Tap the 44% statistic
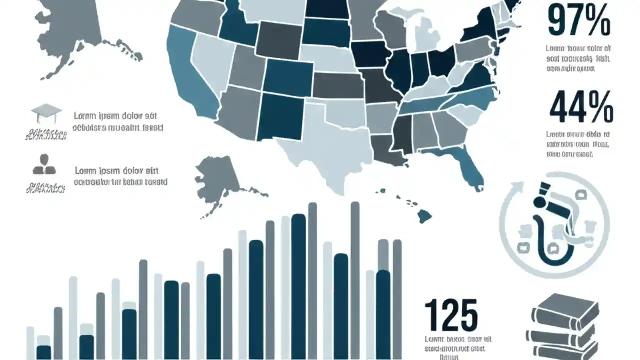coord(581,106)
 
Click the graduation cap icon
coord(46,113)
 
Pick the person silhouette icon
coord(44,164)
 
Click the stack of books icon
coord(564,325)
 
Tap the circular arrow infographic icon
coord(554,223)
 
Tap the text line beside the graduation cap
coord(118,122)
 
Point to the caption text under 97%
coord(578,59)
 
